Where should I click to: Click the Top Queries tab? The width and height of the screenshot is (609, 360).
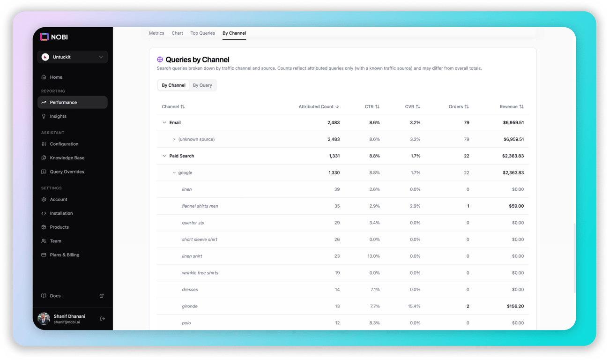(x=202, y=33)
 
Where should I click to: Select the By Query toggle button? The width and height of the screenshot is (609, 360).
(x=202, y=85)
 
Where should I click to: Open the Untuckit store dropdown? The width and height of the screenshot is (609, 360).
(x=73, y=57)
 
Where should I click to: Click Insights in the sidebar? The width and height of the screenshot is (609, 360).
(x=58, y=116)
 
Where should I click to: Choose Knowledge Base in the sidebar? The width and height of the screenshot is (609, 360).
(x=67, y=158)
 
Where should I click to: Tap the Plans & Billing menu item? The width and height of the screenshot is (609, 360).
(x=65, y=255)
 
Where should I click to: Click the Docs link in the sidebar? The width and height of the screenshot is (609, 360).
(x=55, y=296)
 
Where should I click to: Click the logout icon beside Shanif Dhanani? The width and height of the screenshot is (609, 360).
(x=103, y=319)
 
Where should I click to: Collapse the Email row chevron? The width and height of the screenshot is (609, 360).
(x=164, y=123)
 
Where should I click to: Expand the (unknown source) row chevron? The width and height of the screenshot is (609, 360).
(x=174, y=140)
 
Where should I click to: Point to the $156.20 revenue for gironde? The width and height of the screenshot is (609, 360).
(x=515, y=307)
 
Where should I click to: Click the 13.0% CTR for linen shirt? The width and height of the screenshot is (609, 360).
(x=373, y=256)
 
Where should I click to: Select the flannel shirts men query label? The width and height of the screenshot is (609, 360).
(x=200, y=206)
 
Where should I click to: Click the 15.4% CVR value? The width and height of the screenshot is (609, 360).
(x=414, y=307)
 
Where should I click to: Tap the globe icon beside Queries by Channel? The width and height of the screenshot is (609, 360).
(x=160, y=60)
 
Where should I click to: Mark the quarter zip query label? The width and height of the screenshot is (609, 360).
(x=193, y=223)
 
